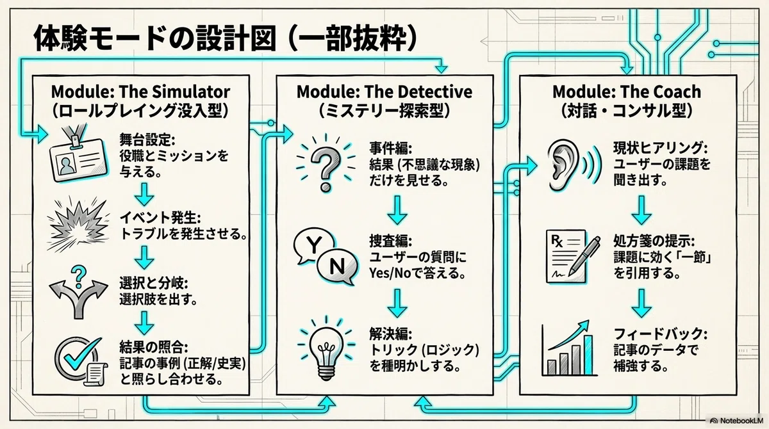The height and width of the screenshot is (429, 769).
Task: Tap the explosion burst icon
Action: point(79,225)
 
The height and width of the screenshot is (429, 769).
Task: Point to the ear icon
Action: point(574,165)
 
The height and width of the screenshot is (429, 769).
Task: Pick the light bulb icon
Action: point(326,349)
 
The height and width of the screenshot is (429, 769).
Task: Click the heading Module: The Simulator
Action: point(140,92)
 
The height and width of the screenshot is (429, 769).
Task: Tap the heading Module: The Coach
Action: point(627,92)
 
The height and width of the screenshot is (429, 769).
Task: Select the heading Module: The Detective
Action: point(384,92)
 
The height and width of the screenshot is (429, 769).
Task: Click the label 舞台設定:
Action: point(147,140)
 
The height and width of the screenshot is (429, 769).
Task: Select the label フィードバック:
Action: point(661,334)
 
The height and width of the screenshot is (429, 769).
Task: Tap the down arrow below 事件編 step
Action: point(397,210)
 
